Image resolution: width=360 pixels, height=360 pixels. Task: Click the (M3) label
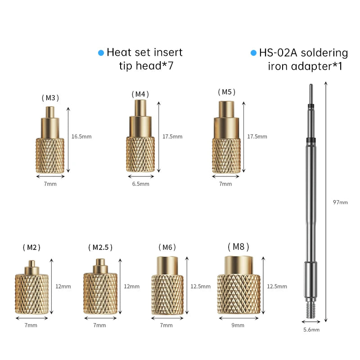pos(50,98)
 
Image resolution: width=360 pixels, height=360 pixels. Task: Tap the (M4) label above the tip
pos(140,94)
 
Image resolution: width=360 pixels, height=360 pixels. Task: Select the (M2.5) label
pos(100,247)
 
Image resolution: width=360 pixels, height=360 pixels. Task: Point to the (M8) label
pos(238,247)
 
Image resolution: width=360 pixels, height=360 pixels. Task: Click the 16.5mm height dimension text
pos(81,137)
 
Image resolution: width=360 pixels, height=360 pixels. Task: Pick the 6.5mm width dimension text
pos(141,184)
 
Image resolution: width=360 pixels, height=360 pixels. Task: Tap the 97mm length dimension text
pos(340,202)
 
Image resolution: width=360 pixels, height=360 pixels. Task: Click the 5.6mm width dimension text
pos(311,330)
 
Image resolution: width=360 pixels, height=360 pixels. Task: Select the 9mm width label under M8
pos(238,325)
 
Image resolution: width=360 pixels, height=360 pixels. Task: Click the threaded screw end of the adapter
pos(311,310)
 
